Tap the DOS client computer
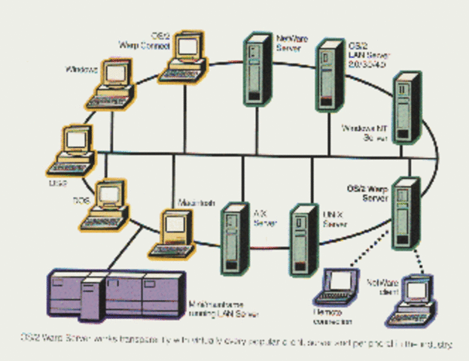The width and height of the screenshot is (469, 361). tap(105, 203)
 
